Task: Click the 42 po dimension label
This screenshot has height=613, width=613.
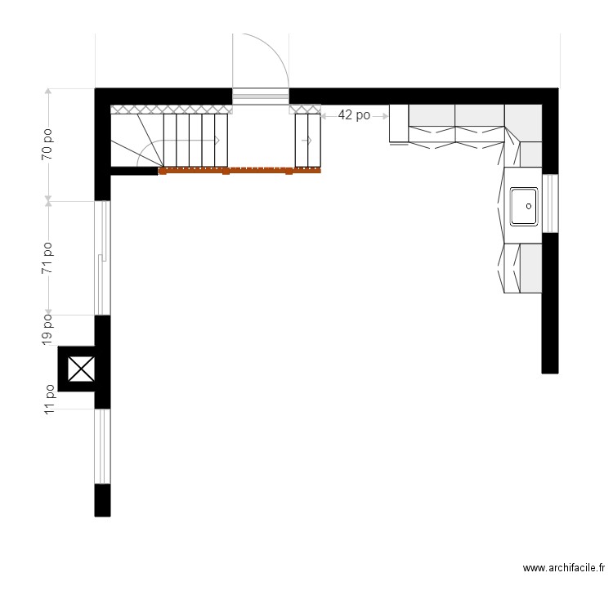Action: click(354, 116)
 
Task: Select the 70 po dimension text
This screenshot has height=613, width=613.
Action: click(48, 144)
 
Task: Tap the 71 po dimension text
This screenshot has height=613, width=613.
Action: click(48, 257)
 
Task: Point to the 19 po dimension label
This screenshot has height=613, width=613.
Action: click(48, 328)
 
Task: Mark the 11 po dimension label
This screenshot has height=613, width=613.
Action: click(48, 400)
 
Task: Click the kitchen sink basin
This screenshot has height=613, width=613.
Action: click(523, 206)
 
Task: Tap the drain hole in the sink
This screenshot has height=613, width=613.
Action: click(529, 207)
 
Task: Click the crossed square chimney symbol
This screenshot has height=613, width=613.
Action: click(80, 369)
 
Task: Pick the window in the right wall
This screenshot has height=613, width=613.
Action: click(551, 204)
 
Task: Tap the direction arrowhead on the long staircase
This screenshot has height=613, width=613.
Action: click(217, 141)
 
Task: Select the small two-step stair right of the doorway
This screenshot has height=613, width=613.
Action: click(307, 140)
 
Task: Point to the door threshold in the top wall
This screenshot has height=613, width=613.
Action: click(260, 96)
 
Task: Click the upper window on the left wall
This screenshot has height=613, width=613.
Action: click(102, 257)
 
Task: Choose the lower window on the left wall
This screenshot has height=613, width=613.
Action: click(102, 446)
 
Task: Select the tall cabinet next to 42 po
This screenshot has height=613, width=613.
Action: click(398, 123)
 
